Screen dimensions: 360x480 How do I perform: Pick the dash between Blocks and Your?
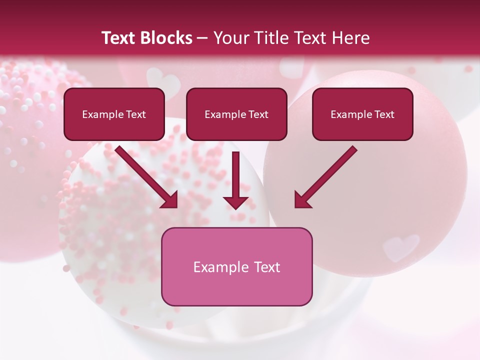pos(202,38)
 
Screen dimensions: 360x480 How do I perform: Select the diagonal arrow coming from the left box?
pos(147,177)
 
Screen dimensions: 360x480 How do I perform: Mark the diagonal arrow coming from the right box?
pos(325,177)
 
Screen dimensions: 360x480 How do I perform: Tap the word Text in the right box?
pos(384,114)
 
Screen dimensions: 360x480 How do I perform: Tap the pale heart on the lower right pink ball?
pos(400,246)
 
